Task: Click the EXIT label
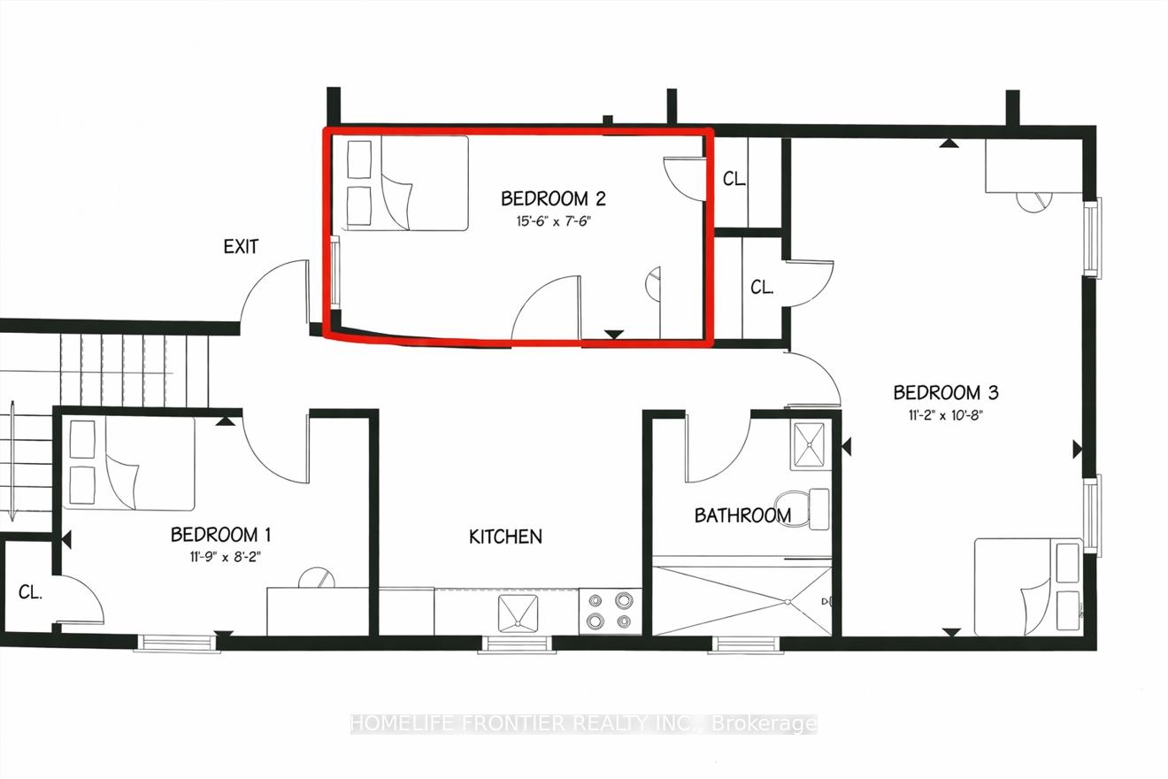pos(241,246)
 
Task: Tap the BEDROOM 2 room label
pos(553,198)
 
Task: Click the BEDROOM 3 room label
pos(946,392)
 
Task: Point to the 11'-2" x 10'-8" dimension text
pos(945,414)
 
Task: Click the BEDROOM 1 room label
pos(220,535)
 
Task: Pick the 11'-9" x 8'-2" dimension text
pos(220,557)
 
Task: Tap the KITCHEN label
pos(505,536)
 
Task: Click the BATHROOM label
pos(742,515)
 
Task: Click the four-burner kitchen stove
pos(611,611)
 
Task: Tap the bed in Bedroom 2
pos(406,183)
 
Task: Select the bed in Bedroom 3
pos(1028,586)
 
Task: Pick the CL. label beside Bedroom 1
pos(31,593)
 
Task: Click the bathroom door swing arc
pos(717,451)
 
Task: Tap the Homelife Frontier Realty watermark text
pos(584,724)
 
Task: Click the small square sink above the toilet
pos(808,446)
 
